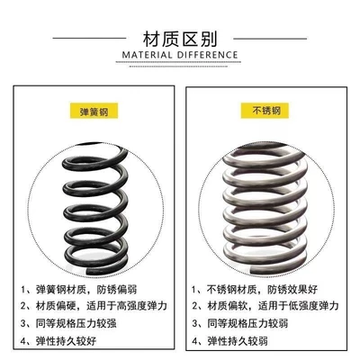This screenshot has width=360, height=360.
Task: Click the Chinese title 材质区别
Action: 180,39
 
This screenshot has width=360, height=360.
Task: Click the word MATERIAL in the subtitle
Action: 147,55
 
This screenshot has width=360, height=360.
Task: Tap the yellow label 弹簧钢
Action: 94,111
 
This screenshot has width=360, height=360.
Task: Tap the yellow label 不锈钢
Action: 265,111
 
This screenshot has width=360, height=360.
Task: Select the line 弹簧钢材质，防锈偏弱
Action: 86,290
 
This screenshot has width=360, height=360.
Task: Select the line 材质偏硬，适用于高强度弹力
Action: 102,306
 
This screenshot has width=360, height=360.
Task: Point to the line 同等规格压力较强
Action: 76,323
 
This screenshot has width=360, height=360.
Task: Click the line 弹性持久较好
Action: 67,341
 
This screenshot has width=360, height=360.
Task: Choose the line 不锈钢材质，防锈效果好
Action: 263,290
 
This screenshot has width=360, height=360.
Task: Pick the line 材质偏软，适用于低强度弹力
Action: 273,306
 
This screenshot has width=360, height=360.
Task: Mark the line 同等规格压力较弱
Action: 247,323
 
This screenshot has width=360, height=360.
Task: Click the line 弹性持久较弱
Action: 238,341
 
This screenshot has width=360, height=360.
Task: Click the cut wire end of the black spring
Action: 88,271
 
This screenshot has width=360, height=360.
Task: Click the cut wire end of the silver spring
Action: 254,270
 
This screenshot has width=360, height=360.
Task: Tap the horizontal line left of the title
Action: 89,38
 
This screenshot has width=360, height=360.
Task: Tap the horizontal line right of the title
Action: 270,39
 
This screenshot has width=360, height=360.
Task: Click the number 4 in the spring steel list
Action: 24,341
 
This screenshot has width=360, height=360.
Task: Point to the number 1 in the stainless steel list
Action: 194,290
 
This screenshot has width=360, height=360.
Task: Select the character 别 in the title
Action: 208,39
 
